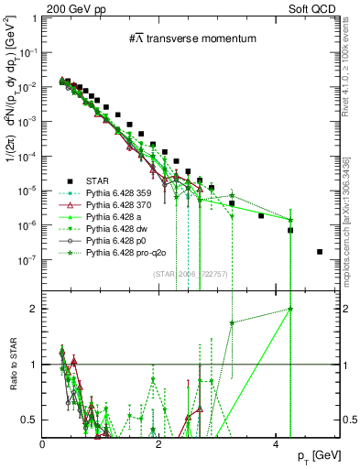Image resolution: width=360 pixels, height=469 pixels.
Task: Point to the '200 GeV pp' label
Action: [69, 7]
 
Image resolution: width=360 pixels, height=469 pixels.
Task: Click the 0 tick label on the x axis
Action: [43, 444]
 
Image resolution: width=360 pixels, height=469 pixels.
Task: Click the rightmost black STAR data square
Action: [319, 252]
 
